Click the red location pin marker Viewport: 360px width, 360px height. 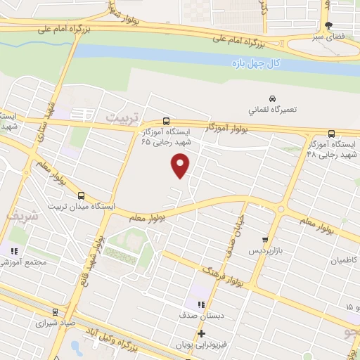(181, 166)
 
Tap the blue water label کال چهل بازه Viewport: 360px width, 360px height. (257, 64)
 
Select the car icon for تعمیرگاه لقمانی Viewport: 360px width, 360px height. (272, 98)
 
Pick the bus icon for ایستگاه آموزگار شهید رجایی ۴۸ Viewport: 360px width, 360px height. (331, 134)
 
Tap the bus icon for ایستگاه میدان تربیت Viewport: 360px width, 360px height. (82, 195)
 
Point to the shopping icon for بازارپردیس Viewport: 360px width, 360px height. (265, 239)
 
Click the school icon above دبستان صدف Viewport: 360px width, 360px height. (201, 304)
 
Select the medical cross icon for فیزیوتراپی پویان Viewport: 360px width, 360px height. (201, 333)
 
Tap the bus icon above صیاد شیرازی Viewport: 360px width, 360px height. (55, 311)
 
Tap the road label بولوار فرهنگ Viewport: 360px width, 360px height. (222, 276)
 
